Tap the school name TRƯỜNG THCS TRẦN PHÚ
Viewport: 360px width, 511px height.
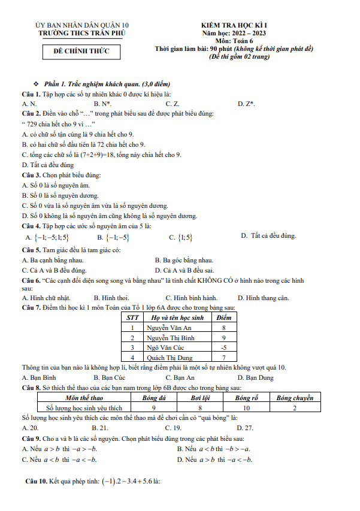tap(82, 33)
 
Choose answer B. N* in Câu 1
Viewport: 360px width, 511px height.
tap(103, 104)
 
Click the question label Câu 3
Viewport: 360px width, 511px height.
tap(31, 175)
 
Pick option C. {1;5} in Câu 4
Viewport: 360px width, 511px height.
tap(181, 237)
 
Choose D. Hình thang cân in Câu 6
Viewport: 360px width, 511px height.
tap(263, 298)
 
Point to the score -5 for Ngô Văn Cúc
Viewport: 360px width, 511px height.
tap(223, 347)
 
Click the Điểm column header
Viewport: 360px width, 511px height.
tap(223, 318)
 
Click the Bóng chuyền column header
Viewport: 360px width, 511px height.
tap(295, 398)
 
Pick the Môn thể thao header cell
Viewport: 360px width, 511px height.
tap(84, 398)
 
